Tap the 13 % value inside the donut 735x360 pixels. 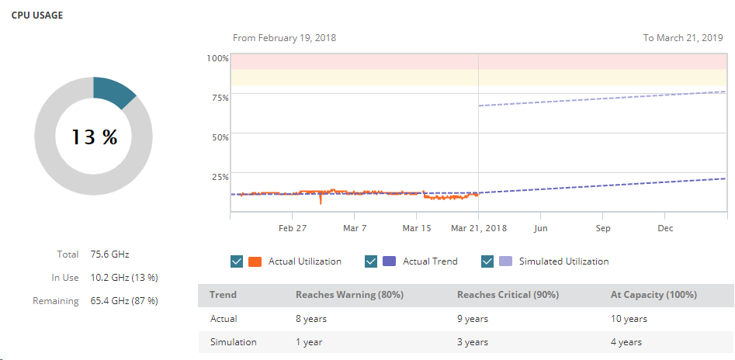tap(94, 137)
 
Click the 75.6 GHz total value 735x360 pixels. tap(109, 254)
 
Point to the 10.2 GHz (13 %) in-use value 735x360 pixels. tap(124, 277)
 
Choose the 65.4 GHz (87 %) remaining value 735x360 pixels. tap(124, 300)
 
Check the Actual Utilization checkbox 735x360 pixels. tap(237, 261)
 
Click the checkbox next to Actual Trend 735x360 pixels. tap(371, 261)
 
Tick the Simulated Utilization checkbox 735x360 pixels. tap(487, 261)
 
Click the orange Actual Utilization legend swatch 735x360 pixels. tap(255, 261)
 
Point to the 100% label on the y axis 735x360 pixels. tap(217, 58)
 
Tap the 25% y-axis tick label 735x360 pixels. tap(220, 176)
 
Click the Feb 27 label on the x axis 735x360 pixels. tap(292, 229)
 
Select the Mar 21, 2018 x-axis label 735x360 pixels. tap(478, 229)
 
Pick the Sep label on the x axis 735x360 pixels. tap(603, 229)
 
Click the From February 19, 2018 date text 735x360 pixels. tap(284, 37)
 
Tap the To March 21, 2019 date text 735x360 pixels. tap(683, 37)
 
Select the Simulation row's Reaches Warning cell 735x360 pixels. tap(309, 341)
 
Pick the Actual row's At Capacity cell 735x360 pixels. tap(629, 318)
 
